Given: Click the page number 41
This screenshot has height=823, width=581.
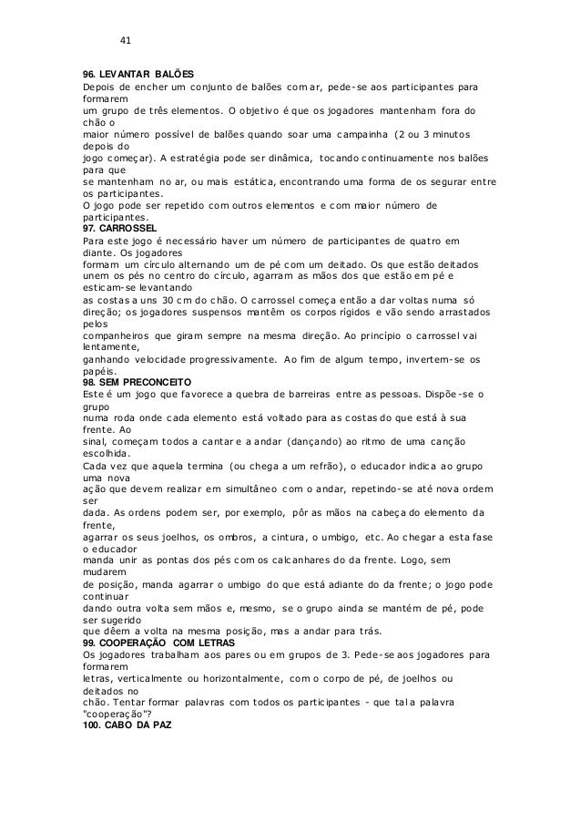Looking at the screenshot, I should point(127,39).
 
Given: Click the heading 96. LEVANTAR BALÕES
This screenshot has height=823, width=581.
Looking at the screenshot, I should point(139,73).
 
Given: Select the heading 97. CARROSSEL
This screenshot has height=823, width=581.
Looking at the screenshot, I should point(119,227).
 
